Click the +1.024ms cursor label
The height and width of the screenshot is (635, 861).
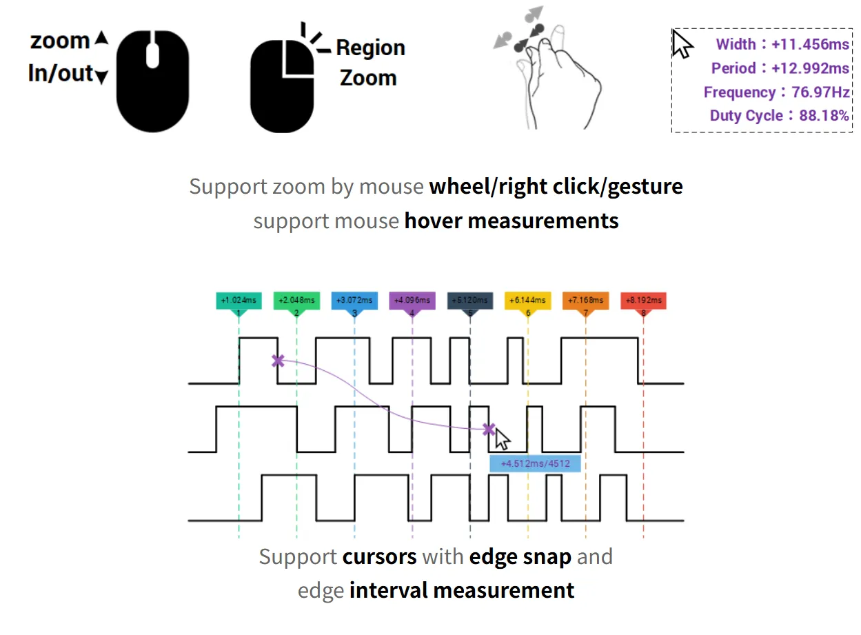[x=239, y=301]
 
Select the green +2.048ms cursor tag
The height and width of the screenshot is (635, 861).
[x=296, y=301]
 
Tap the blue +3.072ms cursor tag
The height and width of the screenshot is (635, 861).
[x=354, y=301]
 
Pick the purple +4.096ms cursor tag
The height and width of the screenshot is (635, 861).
[x=412, y=301]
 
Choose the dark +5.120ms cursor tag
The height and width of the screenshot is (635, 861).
[x=470, y=301]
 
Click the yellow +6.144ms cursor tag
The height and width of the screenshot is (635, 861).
[x=528, y=301]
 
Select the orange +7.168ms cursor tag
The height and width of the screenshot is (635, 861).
[x=585, y=301]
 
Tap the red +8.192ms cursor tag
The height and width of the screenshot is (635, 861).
[x=643, y=301]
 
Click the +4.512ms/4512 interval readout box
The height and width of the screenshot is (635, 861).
[x=535, y=463]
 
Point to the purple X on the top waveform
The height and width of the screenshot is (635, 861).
[x=278, y=361]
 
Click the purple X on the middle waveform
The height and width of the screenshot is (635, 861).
[x=489, y=430]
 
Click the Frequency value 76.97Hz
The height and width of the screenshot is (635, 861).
[x=820, y=92]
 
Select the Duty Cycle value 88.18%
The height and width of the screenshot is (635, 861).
[x=824, y=116]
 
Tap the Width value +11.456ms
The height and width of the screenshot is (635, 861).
[x=810, y=44]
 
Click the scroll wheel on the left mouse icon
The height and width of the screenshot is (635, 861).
[x=152, y=56]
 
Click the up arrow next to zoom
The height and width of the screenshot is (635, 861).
[x=102, y=38]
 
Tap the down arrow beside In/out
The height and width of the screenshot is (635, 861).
[x=101, y=77]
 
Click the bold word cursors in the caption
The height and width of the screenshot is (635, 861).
[x=379, y=557]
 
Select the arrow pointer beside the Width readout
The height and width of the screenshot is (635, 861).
[x=681, y=44]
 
